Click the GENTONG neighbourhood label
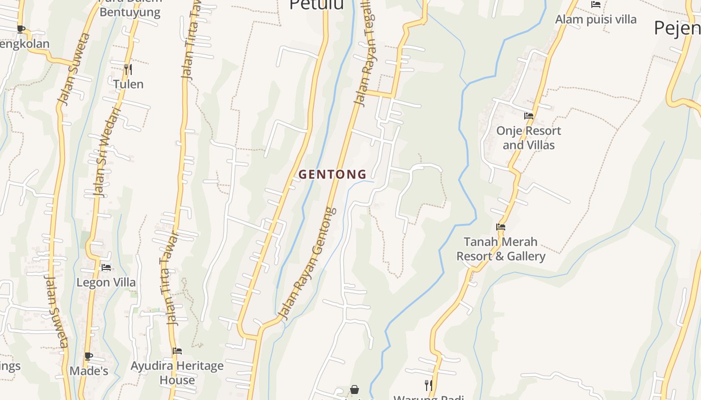[x=332, y=174]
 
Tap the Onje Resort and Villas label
[x=529, y=138]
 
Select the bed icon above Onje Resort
[x=529, y=116]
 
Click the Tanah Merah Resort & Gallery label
[x=501, y=249]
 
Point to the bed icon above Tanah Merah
[x=501, y=227]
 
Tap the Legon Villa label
[x=106, y=282]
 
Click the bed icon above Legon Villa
[x=106, y=267]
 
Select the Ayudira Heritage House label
[x=177, y=373]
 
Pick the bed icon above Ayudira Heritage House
[x=177, y=351]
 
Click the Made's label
[x=89, y=371]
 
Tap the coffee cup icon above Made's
[x=89, y=356]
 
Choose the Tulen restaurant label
[x=128, y=84]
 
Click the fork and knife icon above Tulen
[x=128, y=69]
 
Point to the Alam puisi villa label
[x=596, y=19]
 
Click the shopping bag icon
[x=355, y=389]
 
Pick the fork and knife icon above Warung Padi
[x=428, y=385]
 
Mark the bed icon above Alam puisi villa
[x=596, y=4]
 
